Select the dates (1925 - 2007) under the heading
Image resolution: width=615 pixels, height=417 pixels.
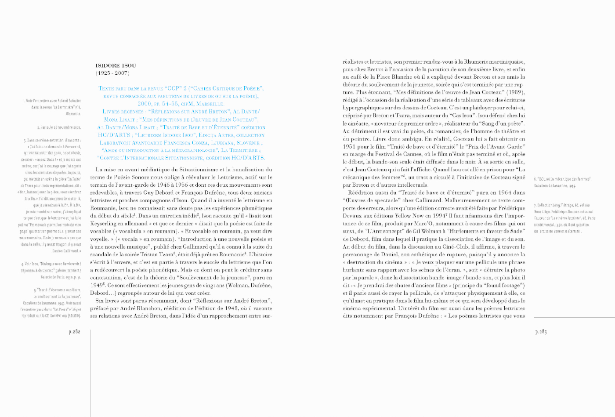112,73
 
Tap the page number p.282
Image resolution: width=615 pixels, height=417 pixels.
75,332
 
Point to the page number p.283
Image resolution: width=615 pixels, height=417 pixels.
541,332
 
